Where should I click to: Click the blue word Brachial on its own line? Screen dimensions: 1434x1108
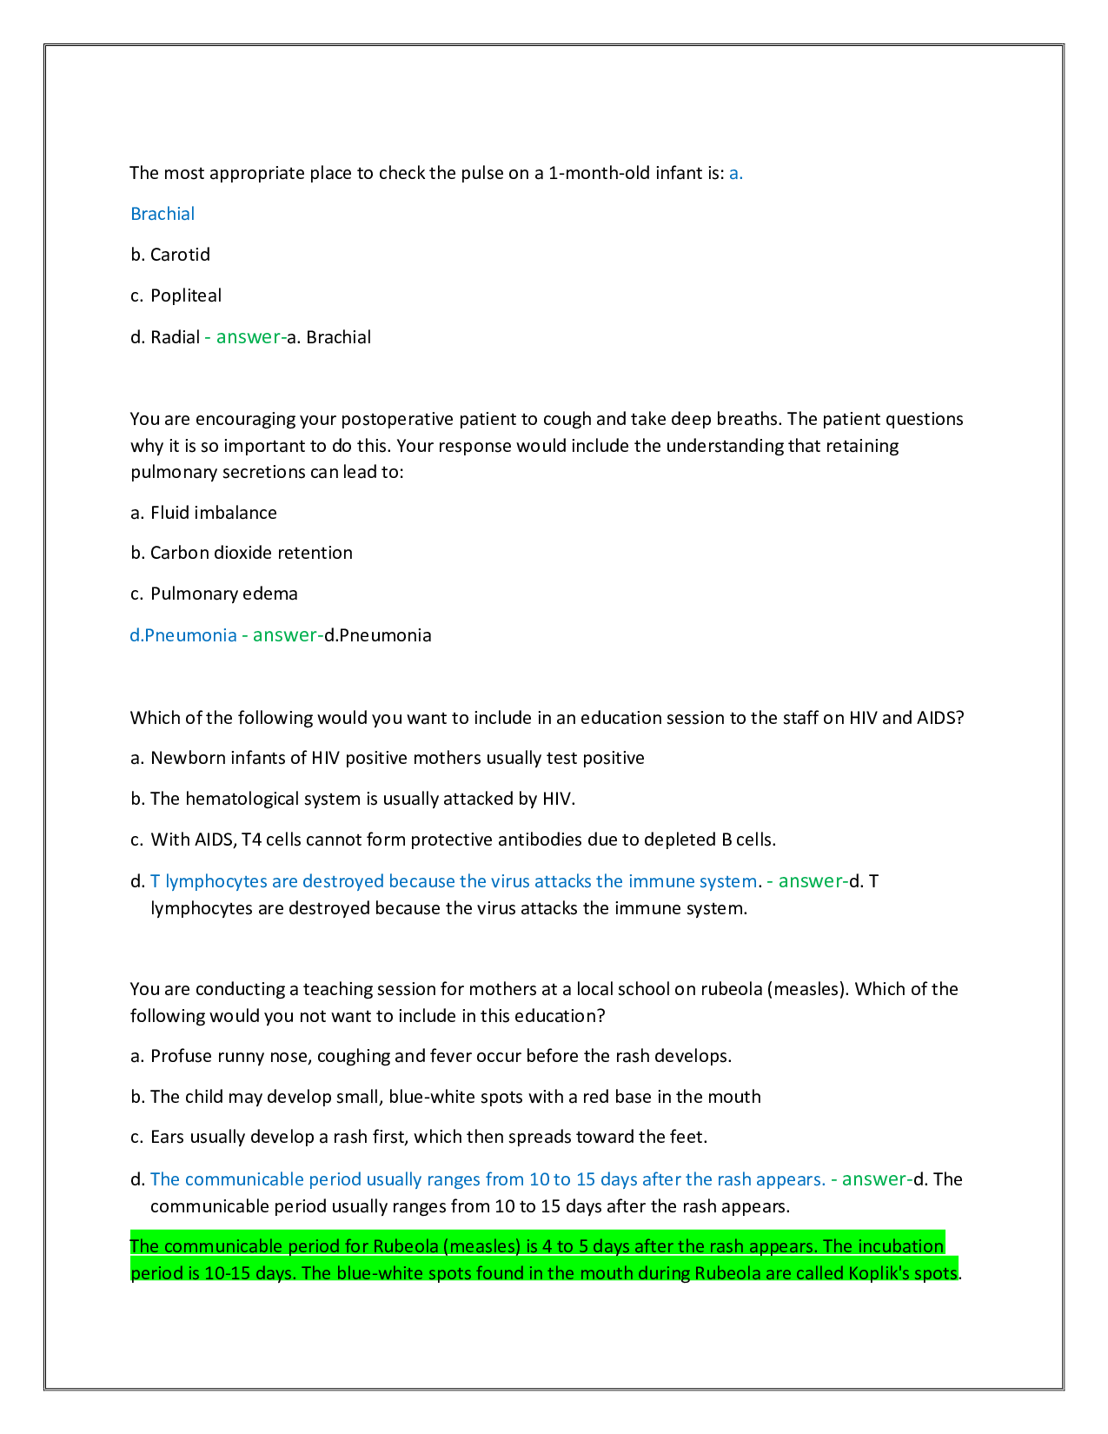pyautogui.click(x=163, y=214)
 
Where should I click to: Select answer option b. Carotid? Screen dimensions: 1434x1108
pyautogui.click(x=170, y=255)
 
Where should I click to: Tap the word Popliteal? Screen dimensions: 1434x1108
pyautogui.click(x=186, y=295)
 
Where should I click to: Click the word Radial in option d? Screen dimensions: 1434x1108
pyautogui.click(x=175, y=337)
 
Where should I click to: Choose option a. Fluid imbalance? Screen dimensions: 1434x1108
pyautogui.click(x=203, y=513)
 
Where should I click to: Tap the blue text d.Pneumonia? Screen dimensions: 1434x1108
pyautogui.click(x=183, y=635)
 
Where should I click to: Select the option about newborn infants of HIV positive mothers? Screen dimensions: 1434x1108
pyautogui.click(x=388, y=758)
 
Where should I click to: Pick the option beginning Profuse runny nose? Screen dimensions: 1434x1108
pyautogui.click(x=431, y=1056)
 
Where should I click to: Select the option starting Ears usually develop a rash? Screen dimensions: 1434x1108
pyautogui.click(x=419, y=1137)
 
